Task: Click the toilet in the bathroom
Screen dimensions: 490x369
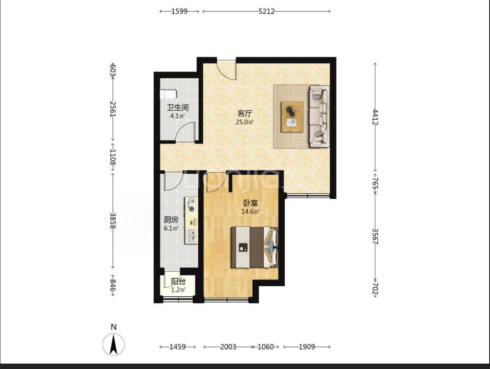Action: point(168,94)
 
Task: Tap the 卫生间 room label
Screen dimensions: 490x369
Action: point(177,108)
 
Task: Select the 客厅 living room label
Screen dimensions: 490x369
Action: point(245,113)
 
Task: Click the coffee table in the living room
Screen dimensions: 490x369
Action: point(292,117)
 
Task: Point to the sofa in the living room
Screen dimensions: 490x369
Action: point(319,116)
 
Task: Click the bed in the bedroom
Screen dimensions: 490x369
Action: point(254,247)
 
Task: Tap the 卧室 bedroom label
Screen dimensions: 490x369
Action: point(251,203)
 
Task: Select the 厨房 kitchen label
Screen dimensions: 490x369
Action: point(171,220)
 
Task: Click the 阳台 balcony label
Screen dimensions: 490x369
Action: point(178,282)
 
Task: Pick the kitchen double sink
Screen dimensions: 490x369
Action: point(192,236)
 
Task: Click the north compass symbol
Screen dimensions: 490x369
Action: point(113,344)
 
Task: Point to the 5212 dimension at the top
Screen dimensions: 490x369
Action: point(266,11)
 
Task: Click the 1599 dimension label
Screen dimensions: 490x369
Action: point(180,11)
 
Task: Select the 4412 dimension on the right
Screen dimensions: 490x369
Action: point(375,116)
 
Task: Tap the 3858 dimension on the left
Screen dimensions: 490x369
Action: point(113,220)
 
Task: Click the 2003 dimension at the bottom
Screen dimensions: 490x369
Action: point(228,347)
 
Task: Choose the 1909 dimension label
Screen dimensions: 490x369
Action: point(307,347)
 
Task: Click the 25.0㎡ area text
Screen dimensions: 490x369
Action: point(245,122)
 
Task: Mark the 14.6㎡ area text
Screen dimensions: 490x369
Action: point(251,212)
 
